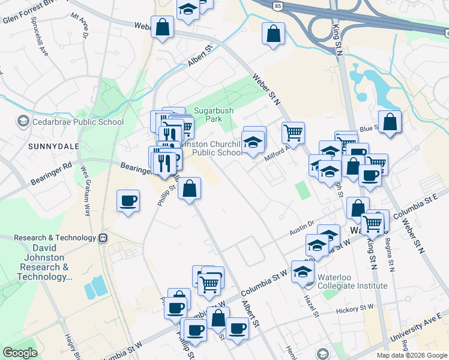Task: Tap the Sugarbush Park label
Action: [208, 115]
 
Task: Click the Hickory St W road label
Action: [355, 310]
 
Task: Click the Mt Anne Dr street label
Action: [79, 26]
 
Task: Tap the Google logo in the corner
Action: [20, 352]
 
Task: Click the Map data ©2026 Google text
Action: [412, 355]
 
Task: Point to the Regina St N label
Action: [391, 255]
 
